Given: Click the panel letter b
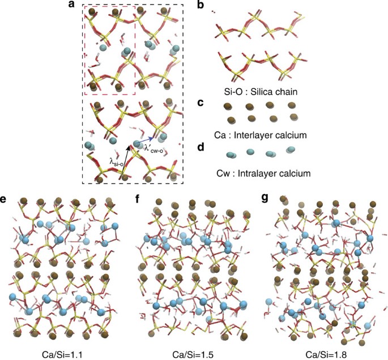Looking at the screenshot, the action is (199, 5).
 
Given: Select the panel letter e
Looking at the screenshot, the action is (5, 199).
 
